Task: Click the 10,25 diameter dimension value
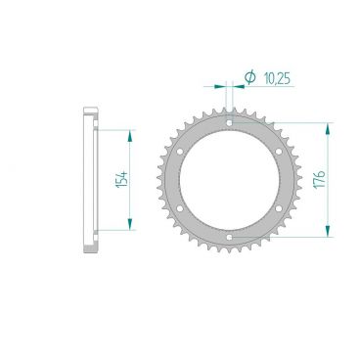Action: point(277,79)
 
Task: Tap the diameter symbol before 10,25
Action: point(249,77)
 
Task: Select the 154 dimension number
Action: point(121,179)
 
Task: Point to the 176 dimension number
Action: point(320,179)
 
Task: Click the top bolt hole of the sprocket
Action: point(229,123)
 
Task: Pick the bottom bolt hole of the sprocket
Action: point(229,237)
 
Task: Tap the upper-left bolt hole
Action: point(180,152)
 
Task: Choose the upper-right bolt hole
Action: point(279,152)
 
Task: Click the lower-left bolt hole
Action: point(180,208)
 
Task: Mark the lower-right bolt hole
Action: point(279,208)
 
